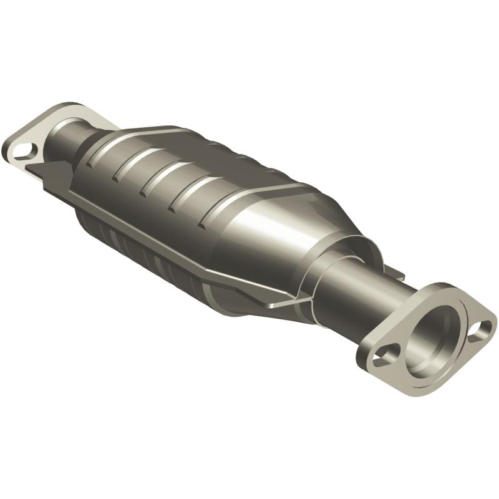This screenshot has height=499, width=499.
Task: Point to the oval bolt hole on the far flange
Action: pos(24,150)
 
